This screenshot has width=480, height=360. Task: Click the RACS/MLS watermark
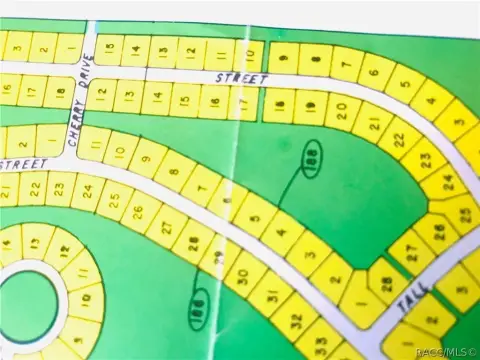coord(446,352)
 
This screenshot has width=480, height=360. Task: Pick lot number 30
coord(241,273)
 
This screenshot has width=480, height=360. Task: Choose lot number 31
coord(269,294)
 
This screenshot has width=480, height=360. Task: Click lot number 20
coord(341,109)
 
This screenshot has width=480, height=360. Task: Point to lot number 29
coord(218,256)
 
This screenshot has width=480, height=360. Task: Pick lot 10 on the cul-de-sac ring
coord(87,299)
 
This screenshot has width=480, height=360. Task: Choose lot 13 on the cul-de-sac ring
coord(36,241)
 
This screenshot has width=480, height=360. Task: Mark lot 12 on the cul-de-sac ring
coord(63,250)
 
